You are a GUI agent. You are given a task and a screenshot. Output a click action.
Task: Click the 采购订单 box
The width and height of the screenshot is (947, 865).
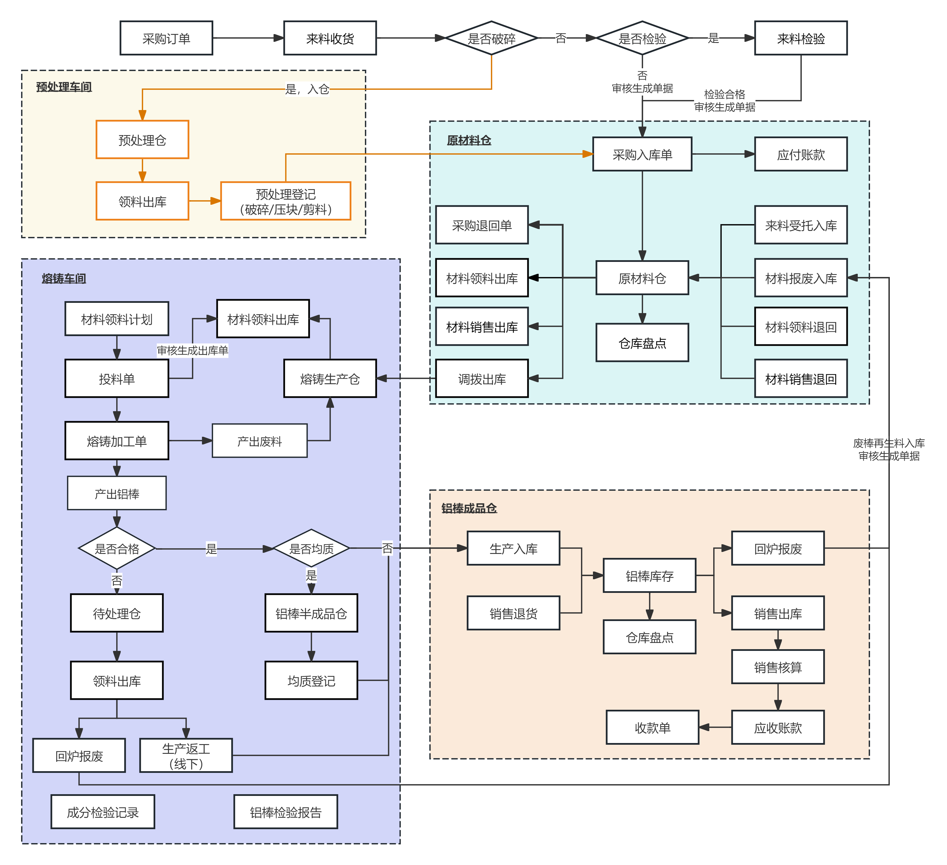(x=166, y=38)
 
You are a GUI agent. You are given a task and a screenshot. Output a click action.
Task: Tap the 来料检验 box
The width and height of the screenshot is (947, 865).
(x=801, y=38)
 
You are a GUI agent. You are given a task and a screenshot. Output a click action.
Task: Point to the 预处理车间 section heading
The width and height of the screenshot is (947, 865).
(x=64, y=87)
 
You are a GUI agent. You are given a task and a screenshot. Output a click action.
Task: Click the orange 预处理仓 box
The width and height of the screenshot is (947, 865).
(x=142, y=139)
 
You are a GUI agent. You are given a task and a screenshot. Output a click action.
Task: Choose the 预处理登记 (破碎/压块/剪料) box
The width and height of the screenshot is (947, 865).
(x=286, y=201)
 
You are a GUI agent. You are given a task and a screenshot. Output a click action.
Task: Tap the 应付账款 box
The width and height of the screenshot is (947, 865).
(x=801, y=154)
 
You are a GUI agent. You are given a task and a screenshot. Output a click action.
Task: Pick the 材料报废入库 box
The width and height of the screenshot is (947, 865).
(x=801, y=278)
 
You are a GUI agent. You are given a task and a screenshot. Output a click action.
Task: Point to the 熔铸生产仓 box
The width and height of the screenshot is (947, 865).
(x=330, y=378)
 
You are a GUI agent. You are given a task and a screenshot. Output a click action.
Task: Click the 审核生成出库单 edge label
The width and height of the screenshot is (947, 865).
(x=192, y=350)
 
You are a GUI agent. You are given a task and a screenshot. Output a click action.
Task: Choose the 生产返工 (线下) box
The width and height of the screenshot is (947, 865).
(x=186, y=755)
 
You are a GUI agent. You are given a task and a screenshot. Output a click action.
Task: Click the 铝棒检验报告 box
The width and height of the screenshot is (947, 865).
(x=286, y=812)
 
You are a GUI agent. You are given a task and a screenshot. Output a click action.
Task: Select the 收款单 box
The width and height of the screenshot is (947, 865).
(x=652, y=727)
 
